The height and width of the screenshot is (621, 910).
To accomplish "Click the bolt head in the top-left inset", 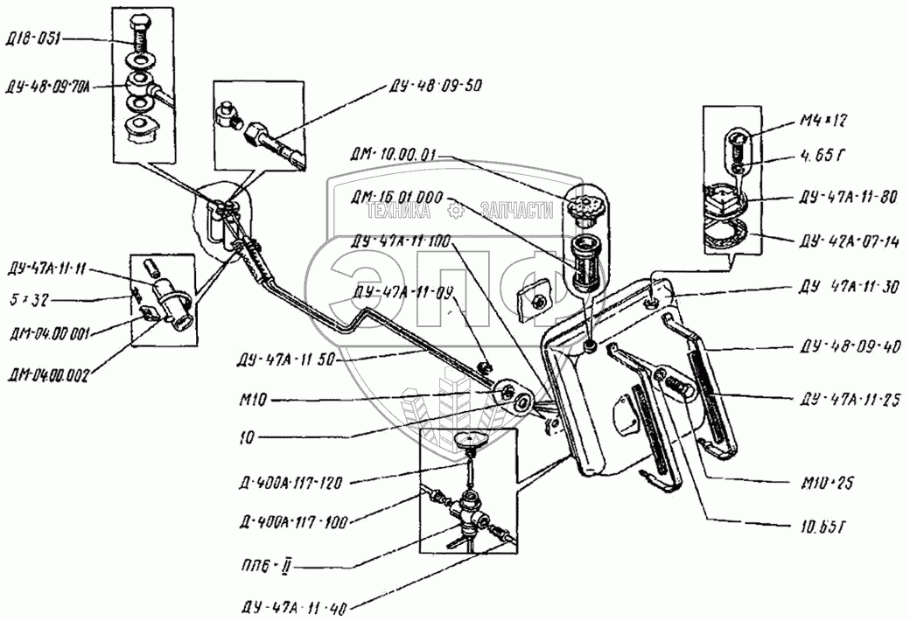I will [x=143, y=22].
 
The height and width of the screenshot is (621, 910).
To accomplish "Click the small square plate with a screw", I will [x=535, y=297].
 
